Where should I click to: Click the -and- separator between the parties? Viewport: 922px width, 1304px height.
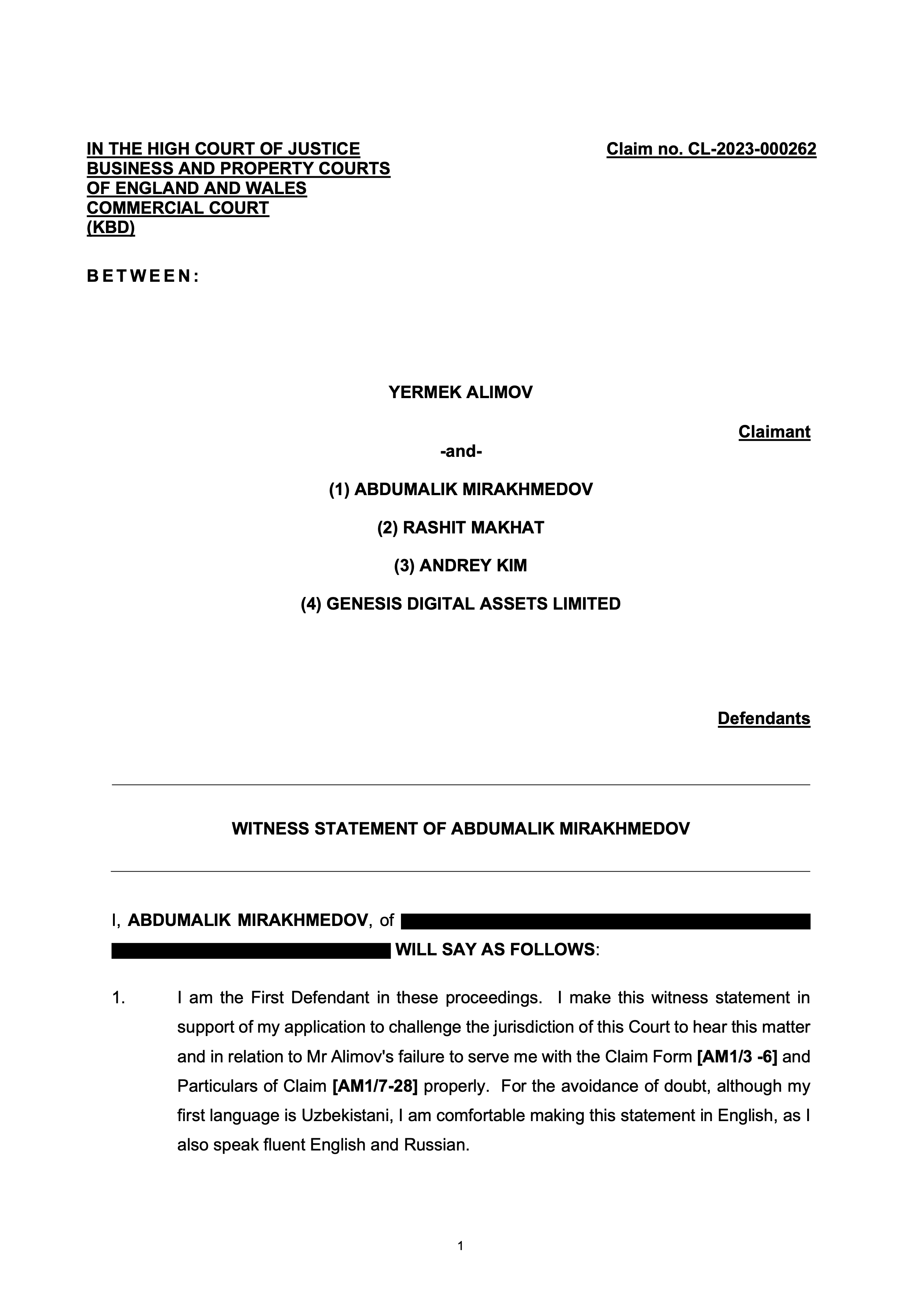tap(460, 452)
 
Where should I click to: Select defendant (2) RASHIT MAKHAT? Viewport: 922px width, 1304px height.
tap(460, 527)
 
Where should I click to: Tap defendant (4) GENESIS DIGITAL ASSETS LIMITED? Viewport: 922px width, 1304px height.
tap(460, 603)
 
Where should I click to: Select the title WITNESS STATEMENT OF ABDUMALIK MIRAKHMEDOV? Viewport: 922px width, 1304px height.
tap(460, 828)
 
